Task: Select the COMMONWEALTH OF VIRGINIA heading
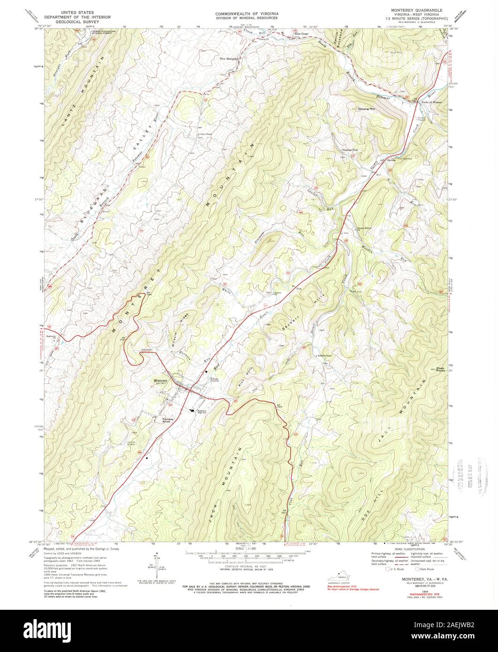coord(247,14)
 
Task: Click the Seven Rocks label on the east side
coord(440,370)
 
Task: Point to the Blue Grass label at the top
coord(302,34)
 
